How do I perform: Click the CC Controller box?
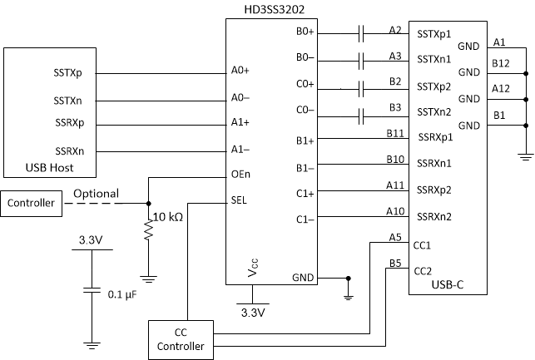click(x=181, y=339)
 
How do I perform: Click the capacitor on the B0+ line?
click(x=362, y=34)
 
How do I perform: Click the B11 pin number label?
click(x=395, y=133)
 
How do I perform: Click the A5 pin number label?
click(x=395, y=238)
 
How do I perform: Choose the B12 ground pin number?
click(x=502, y=63)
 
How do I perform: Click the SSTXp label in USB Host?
click(x=67, y=72)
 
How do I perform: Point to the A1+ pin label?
click(x=241, y=122)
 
